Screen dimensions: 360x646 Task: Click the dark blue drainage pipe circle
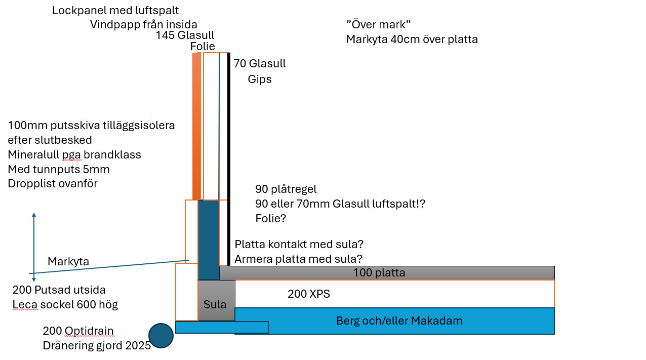[x=161, y=336]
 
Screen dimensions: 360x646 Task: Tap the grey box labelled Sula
[x=216, y=304]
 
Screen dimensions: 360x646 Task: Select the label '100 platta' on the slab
[x=379, y=273]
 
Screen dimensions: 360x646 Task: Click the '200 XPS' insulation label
[x=309, y=294]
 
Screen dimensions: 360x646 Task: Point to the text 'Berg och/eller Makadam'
[x=399, y=321]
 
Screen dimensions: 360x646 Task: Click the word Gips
[x=260, y=79]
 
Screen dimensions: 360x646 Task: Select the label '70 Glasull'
[x=260, y=64]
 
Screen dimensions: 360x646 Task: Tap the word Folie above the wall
[x=203, y=47]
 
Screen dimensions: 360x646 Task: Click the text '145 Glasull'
[x=185, y=35]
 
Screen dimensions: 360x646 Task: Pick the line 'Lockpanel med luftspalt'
[x=115, y=10]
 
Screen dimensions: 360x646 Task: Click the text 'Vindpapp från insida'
[x=144, y=24]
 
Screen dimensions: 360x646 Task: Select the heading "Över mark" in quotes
[x=378, y=24]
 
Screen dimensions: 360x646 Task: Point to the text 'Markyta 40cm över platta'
[x=412, y=39]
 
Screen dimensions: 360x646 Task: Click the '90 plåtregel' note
[x=286, y=189]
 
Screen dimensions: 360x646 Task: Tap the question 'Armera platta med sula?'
[x=298, y=259]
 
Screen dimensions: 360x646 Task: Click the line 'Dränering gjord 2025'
[x=97, y=346]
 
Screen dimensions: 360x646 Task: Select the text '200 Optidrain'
[x=78, y=331]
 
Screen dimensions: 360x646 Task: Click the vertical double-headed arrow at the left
[x=34, y=247]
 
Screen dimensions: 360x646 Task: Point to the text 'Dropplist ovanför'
[x=53, y=183]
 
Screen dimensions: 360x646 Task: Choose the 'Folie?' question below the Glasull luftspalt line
[x=270, y=219]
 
